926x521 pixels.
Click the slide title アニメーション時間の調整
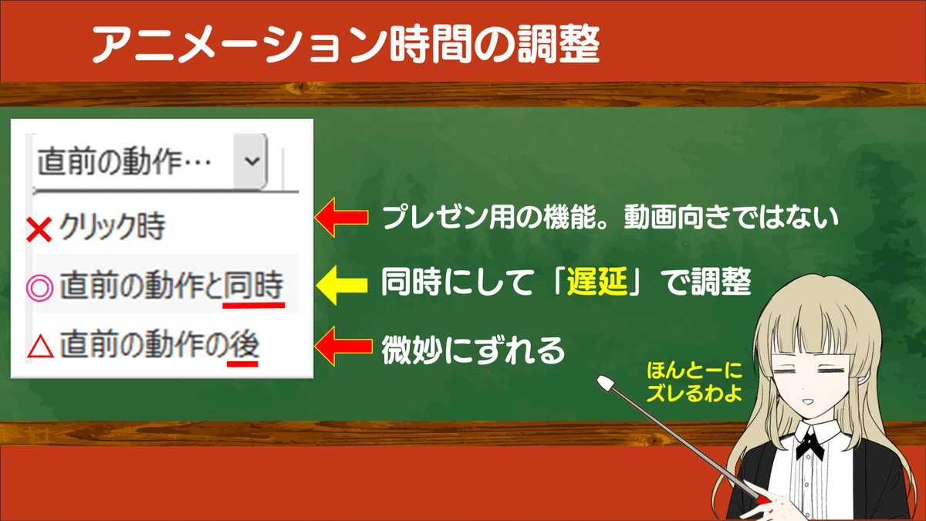(x=346, y=44)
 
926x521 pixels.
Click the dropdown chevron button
(x=251, y=161)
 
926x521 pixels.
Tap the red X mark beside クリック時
(x=39, y=229)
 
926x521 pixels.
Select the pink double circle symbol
(x=39, y=287)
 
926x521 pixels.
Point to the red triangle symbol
(x=40, y=347)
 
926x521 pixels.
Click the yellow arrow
(x=341, y=286)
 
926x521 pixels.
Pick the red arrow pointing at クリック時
(x=341, y=217)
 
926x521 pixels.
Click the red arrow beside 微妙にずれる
(x=343, y=346)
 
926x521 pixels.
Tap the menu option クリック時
(x=113, y=227)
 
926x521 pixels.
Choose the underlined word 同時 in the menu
(x=253, y=286)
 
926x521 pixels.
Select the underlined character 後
(x=243, y=344)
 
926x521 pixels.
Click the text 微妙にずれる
(x=473, y=350)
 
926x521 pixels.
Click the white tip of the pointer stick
(x=606, y=383)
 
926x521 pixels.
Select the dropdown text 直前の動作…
(x=124, y=161)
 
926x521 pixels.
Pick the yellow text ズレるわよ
(x=694, y=393)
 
